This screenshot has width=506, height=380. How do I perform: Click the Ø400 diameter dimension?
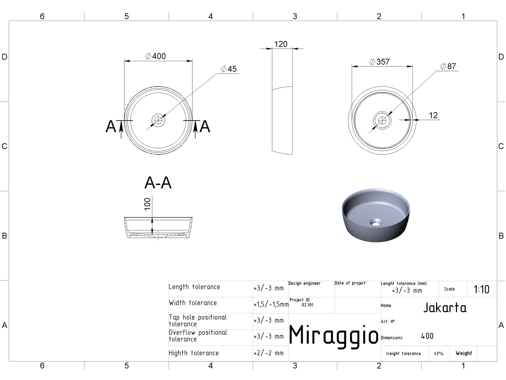pyautogui.click(x=155, y=56)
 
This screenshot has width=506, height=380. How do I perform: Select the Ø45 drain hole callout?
pyautogui.click(x=229, y=69)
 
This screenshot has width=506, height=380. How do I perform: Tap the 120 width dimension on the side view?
pyautogui.click(x=280, y=44)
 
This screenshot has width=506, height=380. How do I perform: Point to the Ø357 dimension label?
pyautogui.click(x=379, y=62)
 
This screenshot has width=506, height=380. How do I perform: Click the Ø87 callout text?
pyautogui.click(x=448, y=66)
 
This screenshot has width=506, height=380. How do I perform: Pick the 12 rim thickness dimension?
pyautogui.click(x=433, y=115)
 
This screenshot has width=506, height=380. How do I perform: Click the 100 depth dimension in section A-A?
pyautogui.click(x=147, y=204)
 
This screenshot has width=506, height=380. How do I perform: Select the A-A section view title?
pyautogui.click(x=158, y=183)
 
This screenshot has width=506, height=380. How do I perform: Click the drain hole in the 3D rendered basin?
pyautogui.click(x=376, y=223)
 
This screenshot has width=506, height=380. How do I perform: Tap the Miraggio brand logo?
pyautogui.click(x=334, y=336)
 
